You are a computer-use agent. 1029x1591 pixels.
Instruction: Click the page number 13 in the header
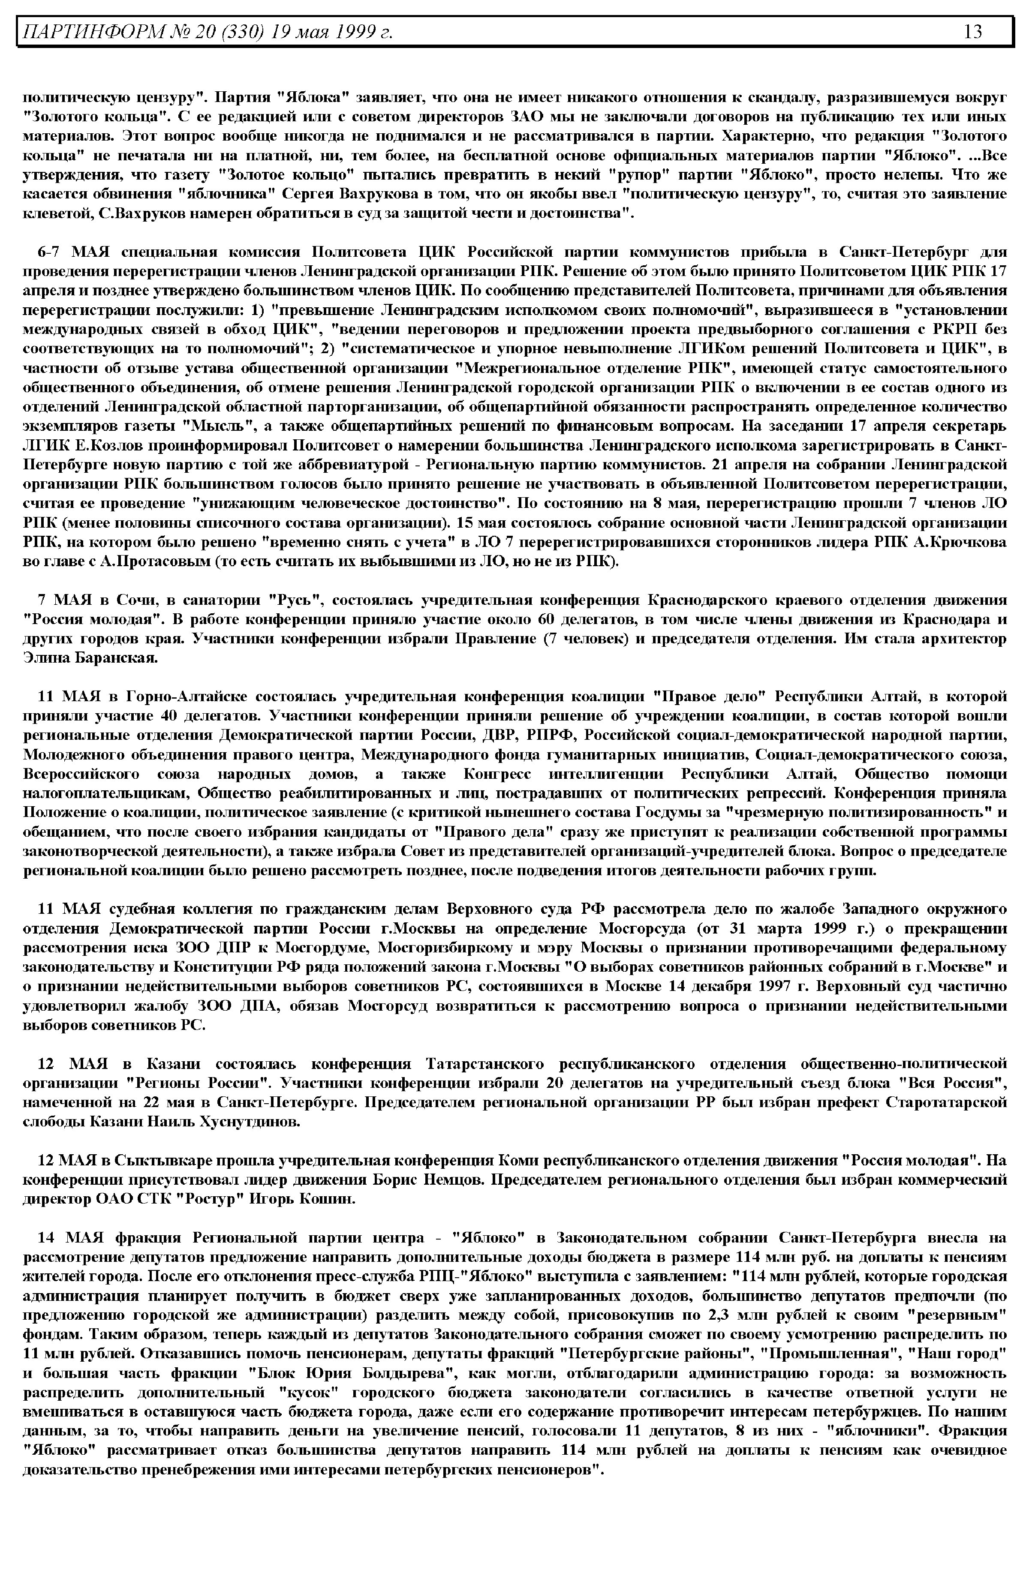pyautogui.click(x=972, y=31)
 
